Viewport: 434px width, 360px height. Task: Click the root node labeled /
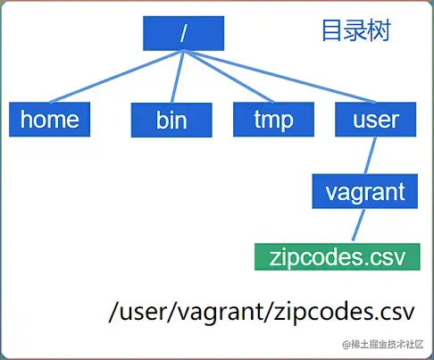tap(183, 34)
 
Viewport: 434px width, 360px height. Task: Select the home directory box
tap(50, 119)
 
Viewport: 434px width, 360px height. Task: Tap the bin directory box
tap(171, 120)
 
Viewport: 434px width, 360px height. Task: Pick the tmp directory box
tap(274, 119)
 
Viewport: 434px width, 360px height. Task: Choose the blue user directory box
tap(376, 119)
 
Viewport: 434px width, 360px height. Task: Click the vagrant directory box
tap(365, 191)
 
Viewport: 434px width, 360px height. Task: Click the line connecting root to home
tap(112, 78)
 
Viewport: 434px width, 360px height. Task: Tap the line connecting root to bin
tap(176, 78)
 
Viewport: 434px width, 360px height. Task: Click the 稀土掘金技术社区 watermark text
tap(381, 344)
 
